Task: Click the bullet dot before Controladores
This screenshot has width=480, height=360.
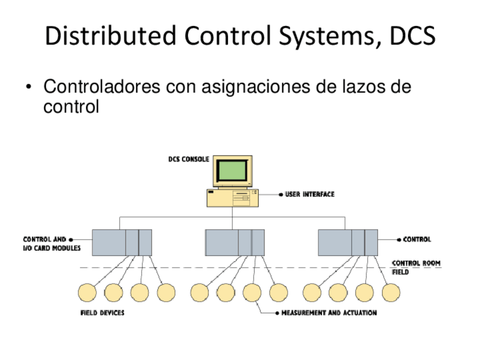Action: pyautogui.click(x=28, y=88)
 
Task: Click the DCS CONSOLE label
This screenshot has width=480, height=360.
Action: pyautogui.click(x=188, y=159)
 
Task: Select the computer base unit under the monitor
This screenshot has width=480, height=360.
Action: pyautogui.click(x=233, y=199)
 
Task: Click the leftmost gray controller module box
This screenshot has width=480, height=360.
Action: pyautogui.click(x=122, y=242)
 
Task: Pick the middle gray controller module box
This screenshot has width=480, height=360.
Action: pyautogui.click(x=234, y=242)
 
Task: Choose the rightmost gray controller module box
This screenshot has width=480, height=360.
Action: pyautogui.click(x=348, y=242)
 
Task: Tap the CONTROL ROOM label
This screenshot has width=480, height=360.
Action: pyautogui.click(x=416, y=263)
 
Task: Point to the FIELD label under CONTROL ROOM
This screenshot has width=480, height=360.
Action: pyautogui.click(x=400, y=272)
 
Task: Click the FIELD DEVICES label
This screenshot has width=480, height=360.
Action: pyautogui.click(x=102, y=312)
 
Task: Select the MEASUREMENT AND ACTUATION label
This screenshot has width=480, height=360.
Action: pyautogui.click(x=329, y=312)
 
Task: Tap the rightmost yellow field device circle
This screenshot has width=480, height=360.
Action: pyautogui.click(x=391, y=292)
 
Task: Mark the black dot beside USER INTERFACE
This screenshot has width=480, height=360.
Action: pyautogui.click(x=281, y=194)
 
